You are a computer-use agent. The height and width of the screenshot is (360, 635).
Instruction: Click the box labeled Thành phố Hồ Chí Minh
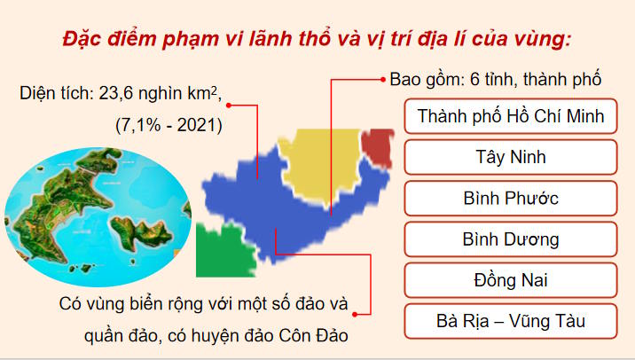[x=510, y=116]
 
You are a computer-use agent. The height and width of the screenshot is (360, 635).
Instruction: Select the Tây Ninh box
[x=510, y=158]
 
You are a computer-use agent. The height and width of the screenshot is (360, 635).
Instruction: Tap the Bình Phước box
[x=510, y=199]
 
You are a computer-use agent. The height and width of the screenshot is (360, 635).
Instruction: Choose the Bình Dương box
[x=510, y=239]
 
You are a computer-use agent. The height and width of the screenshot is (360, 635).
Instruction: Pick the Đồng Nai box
[x=510, y=280]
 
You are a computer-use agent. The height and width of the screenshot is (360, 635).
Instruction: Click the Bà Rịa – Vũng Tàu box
[x=510, y=321]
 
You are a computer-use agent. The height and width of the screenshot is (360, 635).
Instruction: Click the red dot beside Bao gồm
[x=381, y=78]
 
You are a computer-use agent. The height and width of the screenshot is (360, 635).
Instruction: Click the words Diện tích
[x=51, y=92]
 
